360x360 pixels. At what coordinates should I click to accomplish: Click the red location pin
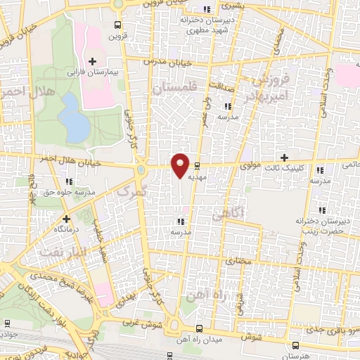point(181,165)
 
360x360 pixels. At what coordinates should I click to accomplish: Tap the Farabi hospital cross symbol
point(92,62)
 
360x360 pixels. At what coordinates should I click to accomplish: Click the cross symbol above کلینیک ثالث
point(284,157)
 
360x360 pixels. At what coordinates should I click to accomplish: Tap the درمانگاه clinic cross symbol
point(67,219)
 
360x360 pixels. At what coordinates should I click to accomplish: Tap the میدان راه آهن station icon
point(200,328)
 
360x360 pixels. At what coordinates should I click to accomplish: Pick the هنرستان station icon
point(295,345)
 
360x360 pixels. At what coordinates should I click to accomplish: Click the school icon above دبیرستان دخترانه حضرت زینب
point(321,210)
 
